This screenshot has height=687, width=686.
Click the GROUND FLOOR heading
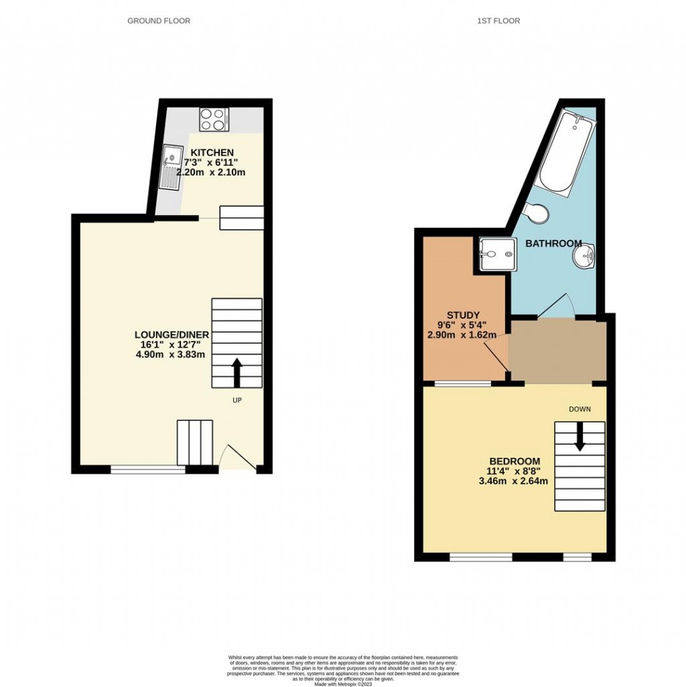pos(159,21)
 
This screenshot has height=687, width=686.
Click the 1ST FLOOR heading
pos(498,21)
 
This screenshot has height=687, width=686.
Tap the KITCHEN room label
pos(212,153)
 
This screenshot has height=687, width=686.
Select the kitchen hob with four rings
pos(214,120)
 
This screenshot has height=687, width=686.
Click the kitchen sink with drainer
pos(171,167)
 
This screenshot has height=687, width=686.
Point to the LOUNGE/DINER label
pos(171,335)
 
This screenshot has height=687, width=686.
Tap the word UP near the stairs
pos(236,400)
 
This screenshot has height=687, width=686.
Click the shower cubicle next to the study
pos(496,254)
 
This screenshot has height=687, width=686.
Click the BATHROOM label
pos(553,244)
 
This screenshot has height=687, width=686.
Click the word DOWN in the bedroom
pos(579,408)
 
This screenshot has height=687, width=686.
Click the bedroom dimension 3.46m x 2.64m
pos(514,481)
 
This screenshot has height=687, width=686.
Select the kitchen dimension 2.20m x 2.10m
pos(211,172)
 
